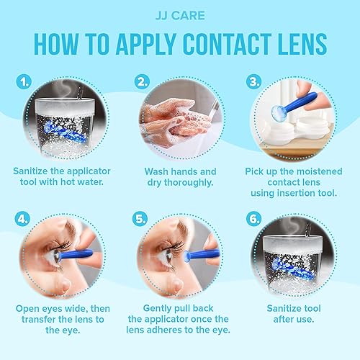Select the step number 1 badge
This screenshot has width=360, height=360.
[24, 82]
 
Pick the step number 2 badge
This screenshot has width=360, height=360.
[143, 81]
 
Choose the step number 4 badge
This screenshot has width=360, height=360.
[24, 216]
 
